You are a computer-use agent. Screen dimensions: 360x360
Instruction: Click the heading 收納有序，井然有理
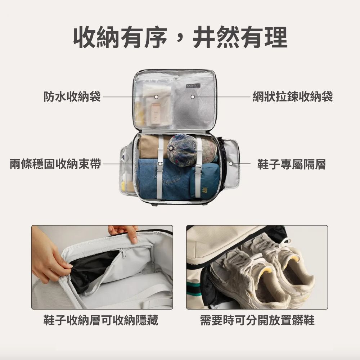coord(180,37)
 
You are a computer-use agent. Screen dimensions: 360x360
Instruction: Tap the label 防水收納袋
coord(72,97)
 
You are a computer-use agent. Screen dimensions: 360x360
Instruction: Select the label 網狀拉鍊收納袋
coord(292,97)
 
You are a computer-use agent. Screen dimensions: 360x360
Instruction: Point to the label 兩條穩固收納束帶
coord(55,165)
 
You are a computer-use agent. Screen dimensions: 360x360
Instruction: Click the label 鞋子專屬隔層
coord(292,165)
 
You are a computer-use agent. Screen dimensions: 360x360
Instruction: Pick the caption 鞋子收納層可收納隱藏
coord(101,320)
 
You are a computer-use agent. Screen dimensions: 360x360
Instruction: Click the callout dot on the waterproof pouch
coord(156,97)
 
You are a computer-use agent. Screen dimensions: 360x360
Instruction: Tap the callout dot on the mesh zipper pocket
coord(193,97)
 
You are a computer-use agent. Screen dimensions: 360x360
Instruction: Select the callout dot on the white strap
coord(160,164)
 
